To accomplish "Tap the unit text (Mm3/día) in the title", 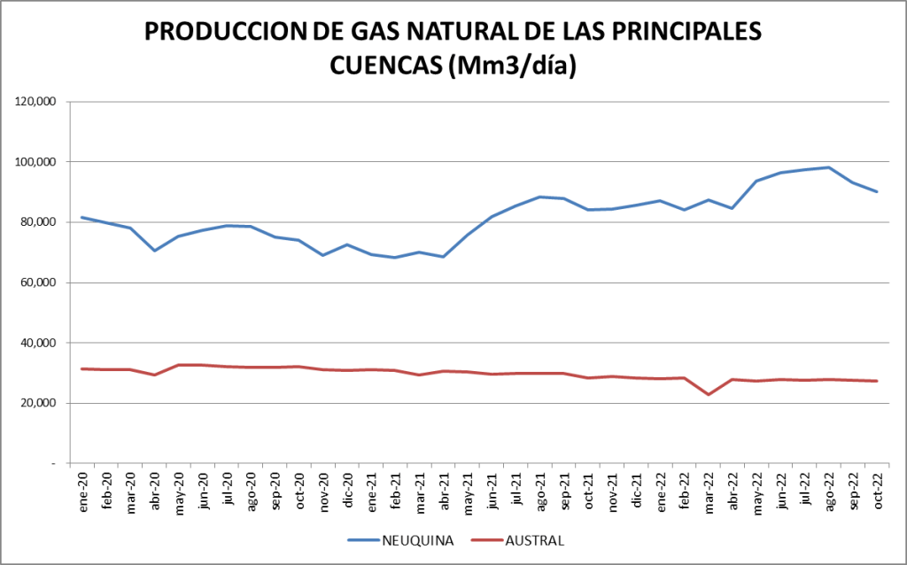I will click(513, 66).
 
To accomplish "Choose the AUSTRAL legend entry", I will click(522, 539).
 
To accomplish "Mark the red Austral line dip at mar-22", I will click(709, 394).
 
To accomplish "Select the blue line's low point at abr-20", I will click(155, 251).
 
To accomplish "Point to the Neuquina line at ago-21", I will click(540, 197).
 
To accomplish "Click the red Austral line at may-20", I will click(179, 365).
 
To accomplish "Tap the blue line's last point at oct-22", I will click(876, 191).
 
